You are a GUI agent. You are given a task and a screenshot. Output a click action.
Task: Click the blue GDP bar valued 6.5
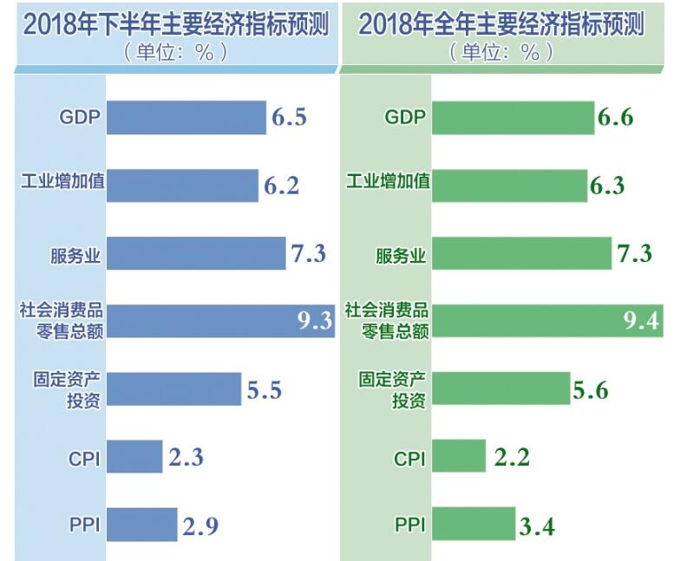coord(186,117)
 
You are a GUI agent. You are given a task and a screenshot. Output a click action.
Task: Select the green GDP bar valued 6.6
coord(513,117)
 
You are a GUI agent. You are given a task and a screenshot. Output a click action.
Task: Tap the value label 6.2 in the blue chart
coord(280,186)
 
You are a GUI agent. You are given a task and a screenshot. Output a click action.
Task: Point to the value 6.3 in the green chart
coord(607,186)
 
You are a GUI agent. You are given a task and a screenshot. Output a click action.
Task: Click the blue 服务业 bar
coord(196,253)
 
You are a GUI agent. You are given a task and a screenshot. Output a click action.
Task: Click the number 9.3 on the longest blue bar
coord(315,321)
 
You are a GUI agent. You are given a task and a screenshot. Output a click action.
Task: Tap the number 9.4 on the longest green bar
coord(642,321)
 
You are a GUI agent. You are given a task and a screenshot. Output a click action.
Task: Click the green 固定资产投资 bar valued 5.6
coord(501,388)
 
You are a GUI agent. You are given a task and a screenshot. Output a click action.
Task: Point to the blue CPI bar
coord(134,457)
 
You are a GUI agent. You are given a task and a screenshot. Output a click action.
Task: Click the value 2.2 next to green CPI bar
coord(512,457)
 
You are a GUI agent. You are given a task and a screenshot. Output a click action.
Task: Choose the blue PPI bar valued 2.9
coord(141,524)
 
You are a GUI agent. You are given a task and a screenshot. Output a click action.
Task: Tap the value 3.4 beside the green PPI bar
coord(536,525)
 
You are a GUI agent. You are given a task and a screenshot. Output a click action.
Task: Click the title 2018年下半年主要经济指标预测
coord(175,25)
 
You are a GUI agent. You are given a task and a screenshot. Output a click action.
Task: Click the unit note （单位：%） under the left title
coord(175,52)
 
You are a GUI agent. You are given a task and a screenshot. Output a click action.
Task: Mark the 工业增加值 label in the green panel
coord(387,184)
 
